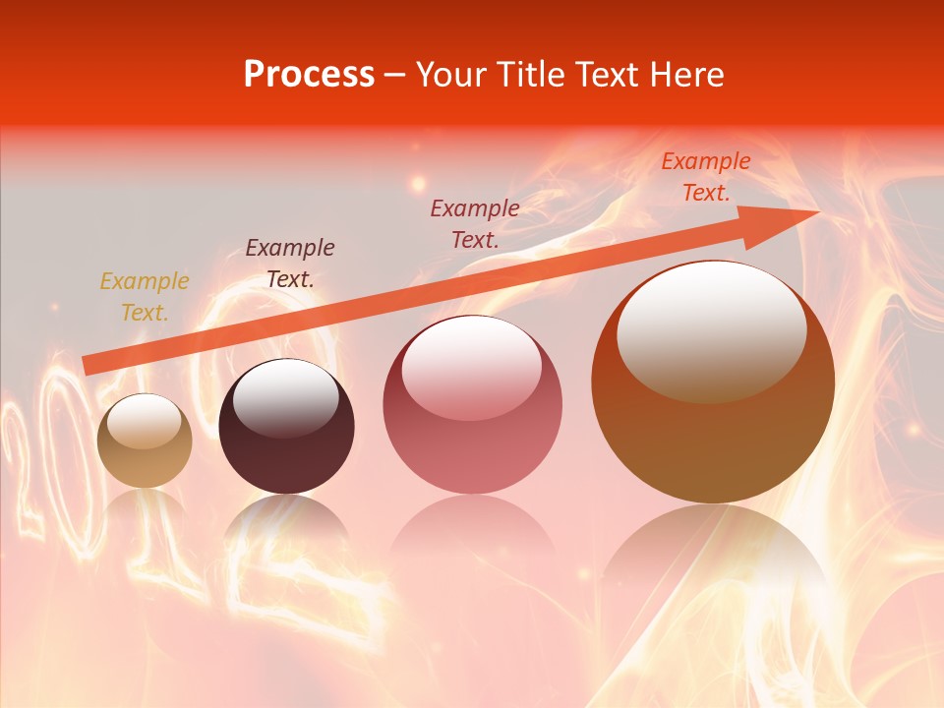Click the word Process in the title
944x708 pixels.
tap(309, 75)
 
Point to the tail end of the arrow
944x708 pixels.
tap(87, 365)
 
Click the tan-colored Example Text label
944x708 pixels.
tap(145, 297)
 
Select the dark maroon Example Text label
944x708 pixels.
tap(290, 264)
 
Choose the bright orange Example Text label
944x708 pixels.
tap(706, 177)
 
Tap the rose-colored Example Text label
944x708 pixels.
tap(475, 223)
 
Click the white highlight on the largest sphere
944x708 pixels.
tap(711, 329)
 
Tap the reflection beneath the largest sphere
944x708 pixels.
tap(713, 570)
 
